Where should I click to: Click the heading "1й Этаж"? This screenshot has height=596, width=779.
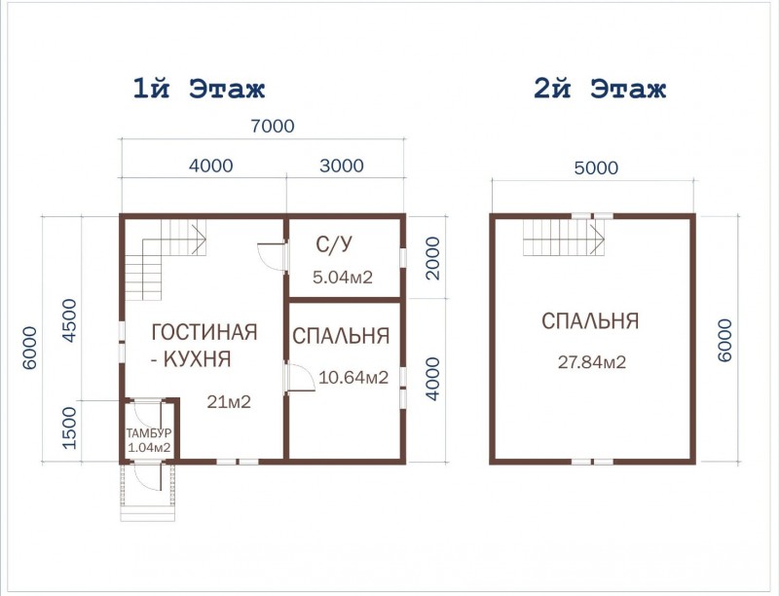coord(199,90)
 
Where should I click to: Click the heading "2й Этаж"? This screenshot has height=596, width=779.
coord(600,90)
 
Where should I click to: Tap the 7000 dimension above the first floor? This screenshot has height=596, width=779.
coord(273,127)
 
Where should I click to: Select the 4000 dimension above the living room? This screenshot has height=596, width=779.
coord(210,166)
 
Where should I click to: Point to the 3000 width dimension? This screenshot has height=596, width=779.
coord(342,166)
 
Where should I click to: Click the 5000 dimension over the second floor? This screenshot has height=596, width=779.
coord(596,168)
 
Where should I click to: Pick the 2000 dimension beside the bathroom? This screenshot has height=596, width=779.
coord(432,258)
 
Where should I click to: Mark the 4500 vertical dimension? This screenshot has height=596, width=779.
coord(68,320)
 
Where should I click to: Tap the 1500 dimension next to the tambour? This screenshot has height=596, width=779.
coord(68,428)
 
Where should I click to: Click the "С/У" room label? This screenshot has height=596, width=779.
coord(334,243)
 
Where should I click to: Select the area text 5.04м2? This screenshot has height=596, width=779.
coord(343,278)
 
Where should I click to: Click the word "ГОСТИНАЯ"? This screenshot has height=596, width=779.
coord(204,332)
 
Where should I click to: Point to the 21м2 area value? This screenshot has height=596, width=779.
coord(229,402)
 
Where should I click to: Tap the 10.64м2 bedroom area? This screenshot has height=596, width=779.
coord(353,378)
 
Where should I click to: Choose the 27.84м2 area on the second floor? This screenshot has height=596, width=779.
coord(592,362)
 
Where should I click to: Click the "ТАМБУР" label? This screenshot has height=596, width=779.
coord(149,433)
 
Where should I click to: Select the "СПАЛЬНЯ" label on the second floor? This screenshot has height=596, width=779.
coord(590,320)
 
